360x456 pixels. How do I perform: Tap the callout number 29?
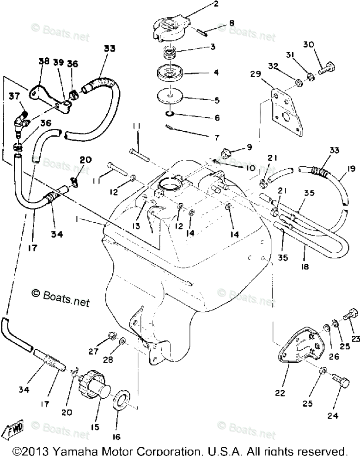(x=256, y=74)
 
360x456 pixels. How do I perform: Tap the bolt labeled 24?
(x=341, y=392)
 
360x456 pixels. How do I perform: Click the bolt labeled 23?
(x=348, y=315)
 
